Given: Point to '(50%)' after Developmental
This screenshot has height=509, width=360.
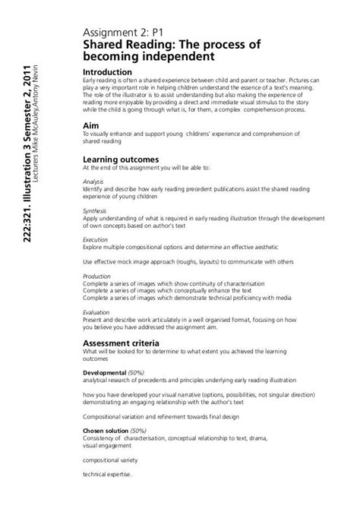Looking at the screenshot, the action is [x=137, y=374].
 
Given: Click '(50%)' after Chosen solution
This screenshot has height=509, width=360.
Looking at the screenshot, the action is [x=143, y=429].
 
